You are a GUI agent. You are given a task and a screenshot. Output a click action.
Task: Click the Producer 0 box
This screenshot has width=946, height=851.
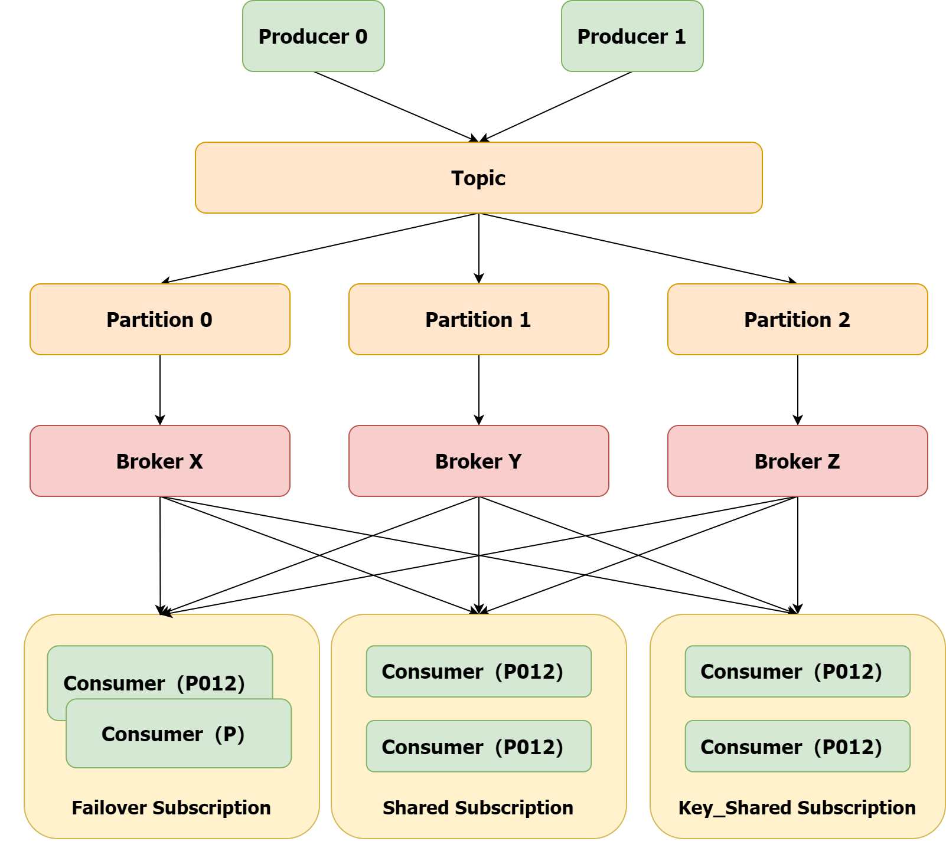tap(313, 36)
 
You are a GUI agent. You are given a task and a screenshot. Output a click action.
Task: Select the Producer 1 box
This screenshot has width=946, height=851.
tap(632, 36)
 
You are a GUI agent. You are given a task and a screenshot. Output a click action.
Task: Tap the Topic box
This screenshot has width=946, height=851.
tap(478, 178)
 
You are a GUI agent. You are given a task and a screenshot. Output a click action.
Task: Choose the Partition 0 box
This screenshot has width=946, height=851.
tap(159, 319)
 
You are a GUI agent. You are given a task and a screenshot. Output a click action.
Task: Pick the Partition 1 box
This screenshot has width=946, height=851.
tap(478, 319)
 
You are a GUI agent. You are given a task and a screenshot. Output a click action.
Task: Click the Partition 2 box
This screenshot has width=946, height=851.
tap(797, 319)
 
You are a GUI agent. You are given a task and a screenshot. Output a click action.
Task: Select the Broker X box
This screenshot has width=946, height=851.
tap(159, 461)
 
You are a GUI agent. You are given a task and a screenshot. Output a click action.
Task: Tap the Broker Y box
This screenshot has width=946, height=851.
tap(478, 461)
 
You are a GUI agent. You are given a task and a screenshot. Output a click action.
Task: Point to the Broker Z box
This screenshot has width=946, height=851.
tap(797, 461)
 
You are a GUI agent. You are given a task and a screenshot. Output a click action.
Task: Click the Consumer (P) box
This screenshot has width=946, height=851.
tap(178, 734)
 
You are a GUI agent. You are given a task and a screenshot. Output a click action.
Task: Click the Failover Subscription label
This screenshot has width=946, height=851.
tap(171, 807)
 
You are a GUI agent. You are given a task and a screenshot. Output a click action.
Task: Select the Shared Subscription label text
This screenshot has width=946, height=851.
tap(478, 807)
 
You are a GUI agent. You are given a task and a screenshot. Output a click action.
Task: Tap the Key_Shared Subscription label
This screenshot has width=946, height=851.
tap(797, 807)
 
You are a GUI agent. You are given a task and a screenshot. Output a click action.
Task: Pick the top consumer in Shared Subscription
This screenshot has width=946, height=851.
tap(478, 671)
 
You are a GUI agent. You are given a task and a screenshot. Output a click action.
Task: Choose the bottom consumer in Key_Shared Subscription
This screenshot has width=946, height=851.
tap(797, 746)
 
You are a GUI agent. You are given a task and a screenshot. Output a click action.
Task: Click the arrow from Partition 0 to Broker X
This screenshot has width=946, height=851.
tap(160, 390)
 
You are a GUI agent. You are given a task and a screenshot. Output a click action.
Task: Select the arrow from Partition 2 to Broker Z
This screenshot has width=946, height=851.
tap(798, 390)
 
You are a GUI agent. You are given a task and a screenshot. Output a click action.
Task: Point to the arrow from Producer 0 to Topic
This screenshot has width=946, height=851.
tap(396, 107)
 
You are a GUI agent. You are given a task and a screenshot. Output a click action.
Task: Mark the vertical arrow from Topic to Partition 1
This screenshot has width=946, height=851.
tap(479, 248)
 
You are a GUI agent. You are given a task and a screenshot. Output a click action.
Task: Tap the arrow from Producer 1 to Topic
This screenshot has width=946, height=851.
tap(557, 107)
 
